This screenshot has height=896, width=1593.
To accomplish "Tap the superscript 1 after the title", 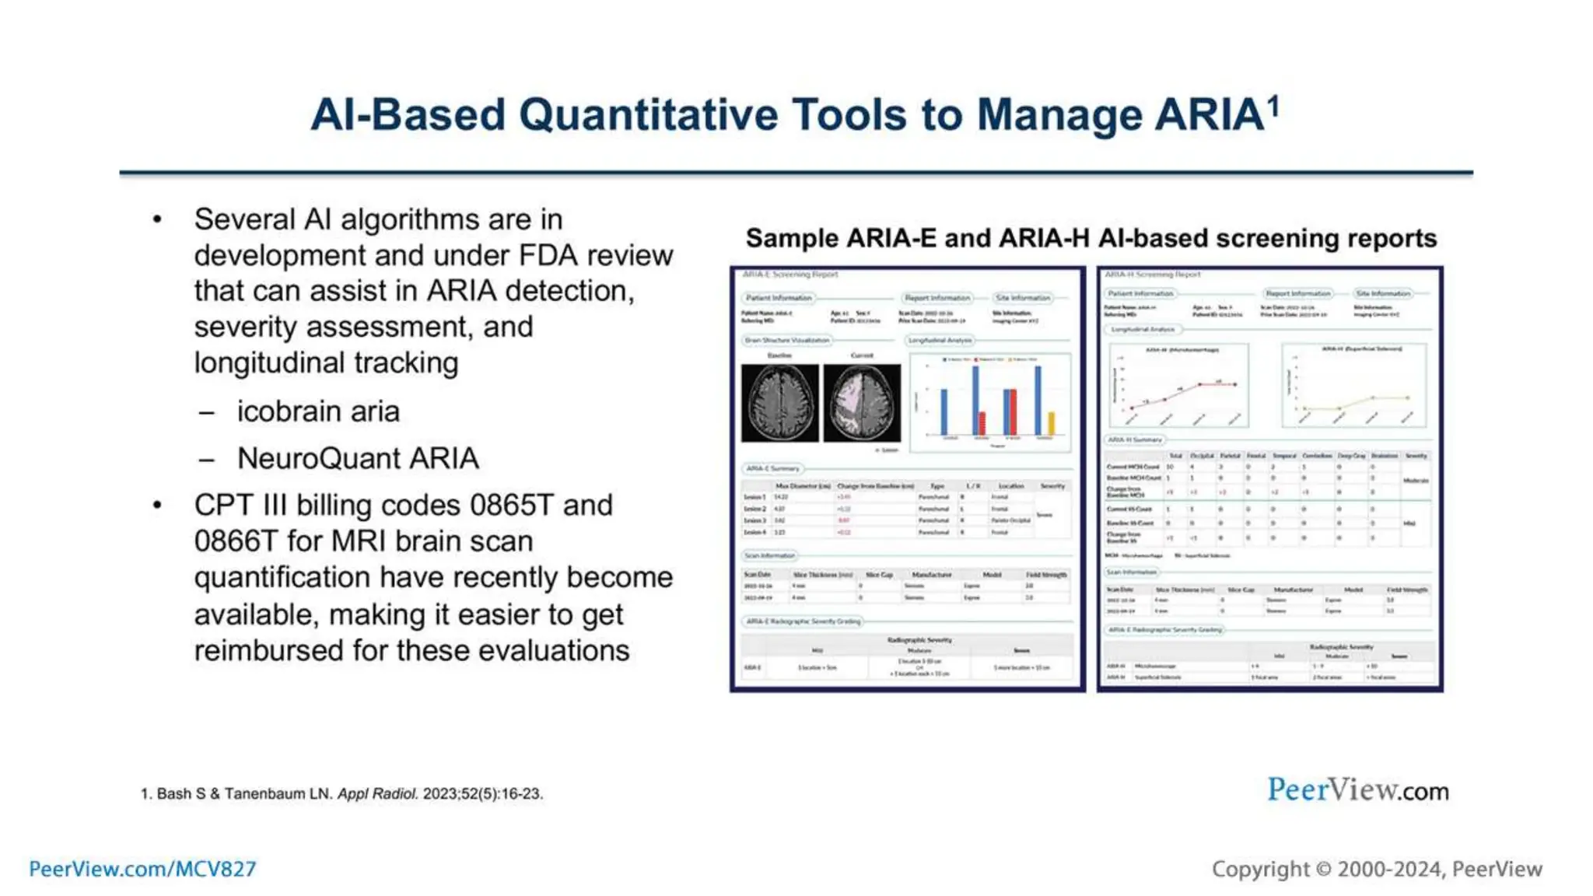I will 1273,105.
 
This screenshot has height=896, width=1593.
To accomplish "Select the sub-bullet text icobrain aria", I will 318,411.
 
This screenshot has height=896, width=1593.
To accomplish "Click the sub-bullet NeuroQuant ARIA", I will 358,459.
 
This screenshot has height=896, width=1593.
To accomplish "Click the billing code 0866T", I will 235,541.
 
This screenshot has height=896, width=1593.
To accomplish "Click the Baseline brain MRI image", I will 779,403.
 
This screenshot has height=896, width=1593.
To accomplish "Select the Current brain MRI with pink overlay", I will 862,403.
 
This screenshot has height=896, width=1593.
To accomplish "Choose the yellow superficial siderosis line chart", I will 1354,387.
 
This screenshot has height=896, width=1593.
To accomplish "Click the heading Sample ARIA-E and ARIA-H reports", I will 1091,238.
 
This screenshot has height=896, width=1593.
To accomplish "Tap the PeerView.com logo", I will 1357,790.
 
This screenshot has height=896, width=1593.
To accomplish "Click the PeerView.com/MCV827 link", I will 142,869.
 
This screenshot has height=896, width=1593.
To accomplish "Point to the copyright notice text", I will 1376,869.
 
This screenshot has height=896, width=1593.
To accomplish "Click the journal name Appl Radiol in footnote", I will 377,794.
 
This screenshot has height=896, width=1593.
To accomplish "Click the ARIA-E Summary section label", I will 772,469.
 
